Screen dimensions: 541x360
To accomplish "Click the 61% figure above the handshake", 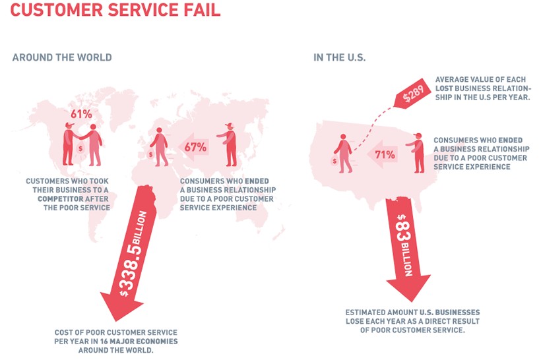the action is point(80,113).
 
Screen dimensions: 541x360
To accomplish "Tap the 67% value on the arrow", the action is point(195,147).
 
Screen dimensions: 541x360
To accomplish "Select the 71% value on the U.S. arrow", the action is point(385,155).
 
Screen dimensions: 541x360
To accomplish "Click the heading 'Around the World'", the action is point(62,57).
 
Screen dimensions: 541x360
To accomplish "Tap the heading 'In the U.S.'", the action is point(340,57).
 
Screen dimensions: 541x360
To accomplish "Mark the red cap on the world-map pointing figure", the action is point(229,125).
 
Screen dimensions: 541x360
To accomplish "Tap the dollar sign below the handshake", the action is point(80,149).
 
